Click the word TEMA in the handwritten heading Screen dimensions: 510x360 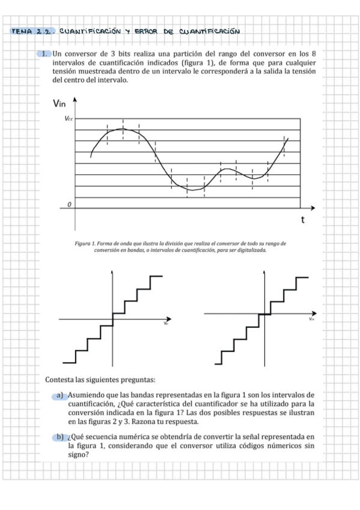point(22,31)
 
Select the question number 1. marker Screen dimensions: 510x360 point(45,54)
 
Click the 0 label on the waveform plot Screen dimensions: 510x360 point(69,205)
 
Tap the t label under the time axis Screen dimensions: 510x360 point(304,221)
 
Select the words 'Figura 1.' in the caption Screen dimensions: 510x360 point(85,244)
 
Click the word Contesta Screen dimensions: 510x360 point(59,379)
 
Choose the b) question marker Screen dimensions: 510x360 point(61,436)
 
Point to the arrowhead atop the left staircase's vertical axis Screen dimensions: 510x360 point(113,272)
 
